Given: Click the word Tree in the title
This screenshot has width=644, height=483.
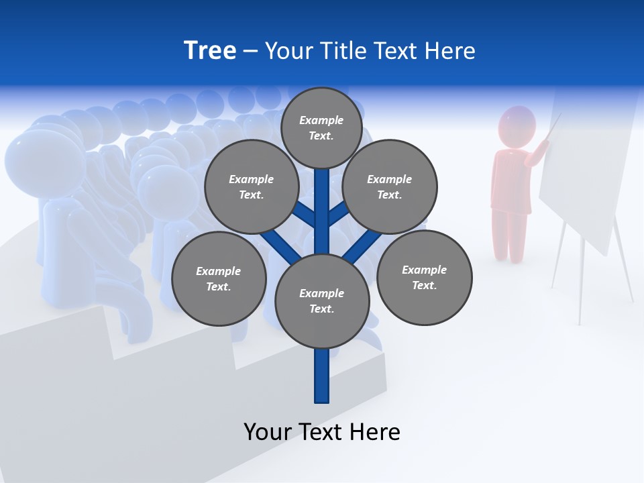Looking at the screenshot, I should [x=210, y=51].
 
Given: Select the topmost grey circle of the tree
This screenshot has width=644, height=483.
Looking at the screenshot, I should [x=321, y=127].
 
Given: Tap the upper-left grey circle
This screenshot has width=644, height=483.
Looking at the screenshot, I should [x=252, y=187].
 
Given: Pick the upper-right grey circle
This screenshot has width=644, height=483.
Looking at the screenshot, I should [x=390, y=187].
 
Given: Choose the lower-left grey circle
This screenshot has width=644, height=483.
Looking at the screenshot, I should [x=219, y=279].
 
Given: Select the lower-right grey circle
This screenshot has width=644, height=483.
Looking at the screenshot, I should [x=424, y=278].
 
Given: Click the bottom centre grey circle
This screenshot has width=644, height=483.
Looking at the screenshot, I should [x=322, y=301].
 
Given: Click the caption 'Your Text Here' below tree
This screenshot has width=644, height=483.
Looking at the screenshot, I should [x=322, y=432].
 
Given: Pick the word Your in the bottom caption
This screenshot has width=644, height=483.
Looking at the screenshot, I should [x=267, y=432].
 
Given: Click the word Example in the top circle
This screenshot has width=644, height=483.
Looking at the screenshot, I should [x=321, y=120].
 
